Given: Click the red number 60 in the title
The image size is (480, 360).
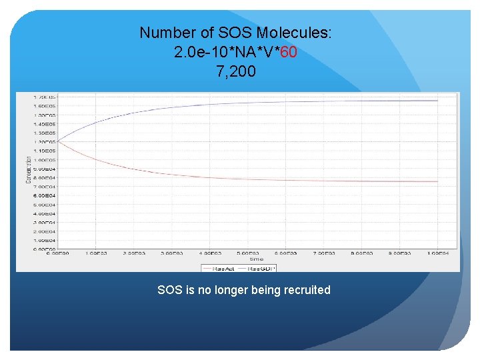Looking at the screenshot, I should coord(288,52).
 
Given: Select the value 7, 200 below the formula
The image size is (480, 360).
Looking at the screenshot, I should coord(235,71).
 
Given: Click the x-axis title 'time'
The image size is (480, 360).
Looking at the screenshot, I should coord(257,259).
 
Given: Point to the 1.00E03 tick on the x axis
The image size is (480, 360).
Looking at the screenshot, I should coord(97,254).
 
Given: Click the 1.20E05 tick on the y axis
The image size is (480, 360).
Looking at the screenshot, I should coord(45,142).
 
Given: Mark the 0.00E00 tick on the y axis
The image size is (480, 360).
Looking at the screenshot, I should coord(45,249).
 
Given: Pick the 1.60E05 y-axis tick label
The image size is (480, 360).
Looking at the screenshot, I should coord(45,106).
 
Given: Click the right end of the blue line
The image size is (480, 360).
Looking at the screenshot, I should coord(437,101).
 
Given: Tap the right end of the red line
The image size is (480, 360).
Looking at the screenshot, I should coord(437,181).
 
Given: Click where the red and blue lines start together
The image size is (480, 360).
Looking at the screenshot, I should coord(59,141).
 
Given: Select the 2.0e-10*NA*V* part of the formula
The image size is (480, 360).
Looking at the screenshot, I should coord(227,52).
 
